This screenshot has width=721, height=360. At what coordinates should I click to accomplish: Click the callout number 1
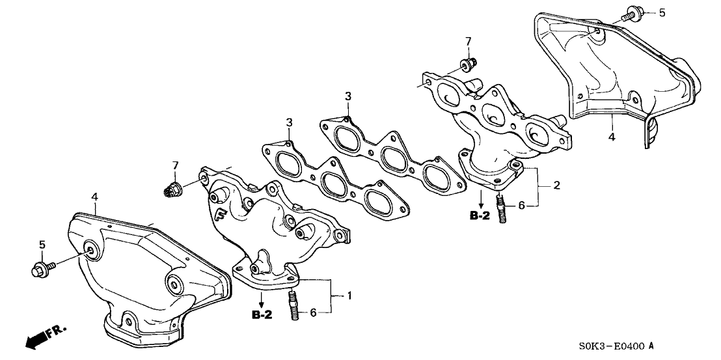(x=350, y=297)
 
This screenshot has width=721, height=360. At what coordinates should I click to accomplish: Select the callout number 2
(x=556, y=186)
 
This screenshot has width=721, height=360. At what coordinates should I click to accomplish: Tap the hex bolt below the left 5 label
(x=39, y=268)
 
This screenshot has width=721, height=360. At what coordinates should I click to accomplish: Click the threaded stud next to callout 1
(x=292, y=305)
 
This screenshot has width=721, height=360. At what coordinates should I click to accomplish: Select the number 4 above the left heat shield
(x=94, y=196)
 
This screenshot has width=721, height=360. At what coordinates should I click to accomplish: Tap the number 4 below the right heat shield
(x=611, y=137)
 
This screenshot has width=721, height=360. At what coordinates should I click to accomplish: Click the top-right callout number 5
(x=662, y=13)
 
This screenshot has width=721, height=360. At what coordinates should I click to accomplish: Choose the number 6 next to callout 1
(x=312, y=312)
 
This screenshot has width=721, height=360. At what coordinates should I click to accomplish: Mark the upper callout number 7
(x=467, y=42)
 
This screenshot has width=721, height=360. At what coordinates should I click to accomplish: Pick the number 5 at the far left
(x=42, y=245)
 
